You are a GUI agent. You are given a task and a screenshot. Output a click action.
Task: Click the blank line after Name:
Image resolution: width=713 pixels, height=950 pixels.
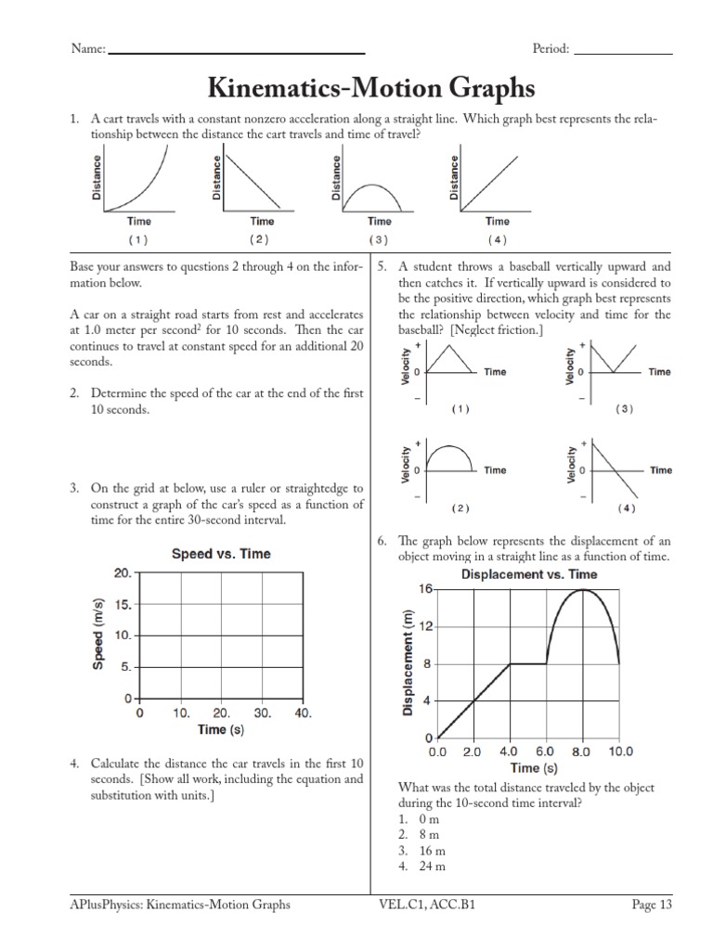click(x=237, y=52)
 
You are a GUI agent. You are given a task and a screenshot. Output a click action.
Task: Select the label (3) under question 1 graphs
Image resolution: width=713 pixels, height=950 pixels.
click(x=378, y=239)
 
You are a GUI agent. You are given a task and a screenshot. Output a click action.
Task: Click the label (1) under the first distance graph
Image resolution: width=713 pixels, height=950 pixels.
click(x=138, y=239)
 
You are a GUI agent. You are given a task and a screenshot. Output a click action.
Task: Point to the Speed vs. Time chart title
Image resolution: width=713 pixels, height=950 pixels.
click(x=221, y=554)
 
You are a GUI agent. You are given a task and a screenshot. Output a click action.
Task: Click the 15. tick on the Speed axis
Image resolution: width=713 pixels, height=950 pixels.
click(x=123, y=605)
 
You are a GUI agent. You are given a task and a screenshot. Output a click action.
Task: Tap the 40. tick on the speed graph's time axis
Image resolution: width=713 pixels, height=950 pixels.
click(x=302, y=714)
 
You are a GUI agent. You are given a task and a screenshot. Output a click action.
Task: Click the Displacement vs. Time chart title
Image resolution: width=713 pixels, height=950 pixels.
click(x=529, y=574)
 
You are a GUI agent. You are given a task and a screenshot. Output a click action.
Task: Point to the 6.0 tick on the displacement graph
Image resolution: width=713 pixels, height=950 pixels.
click(x=546, y=751)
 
